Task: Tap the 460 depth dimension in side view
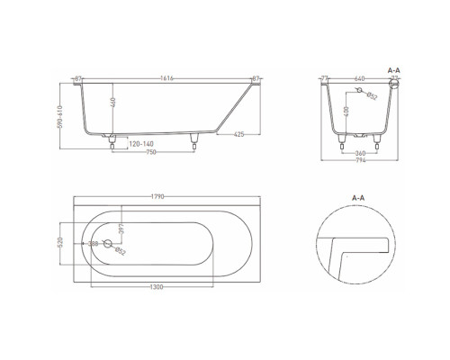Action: point(113,102)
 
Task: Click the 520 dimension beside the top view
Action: point(60,243)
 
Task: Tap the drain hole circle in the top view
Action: point(108,243)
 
